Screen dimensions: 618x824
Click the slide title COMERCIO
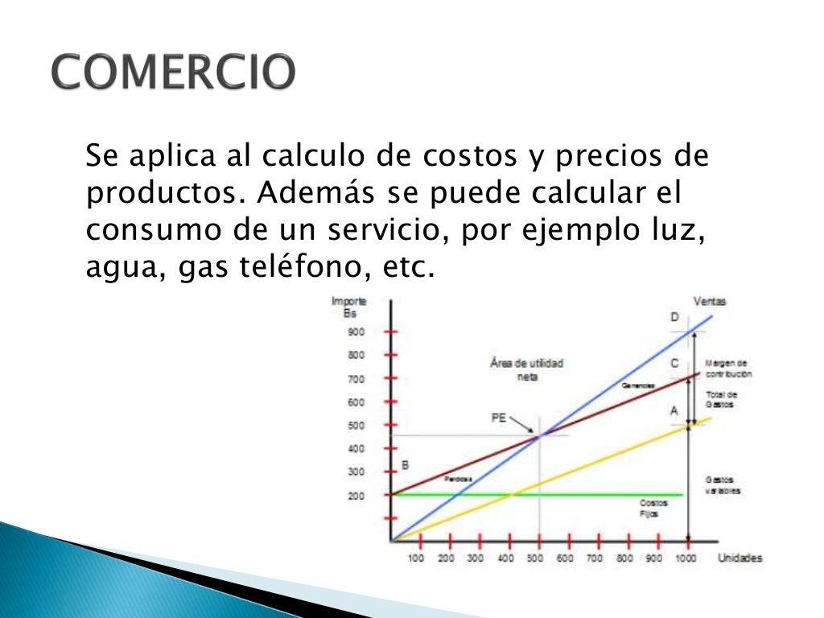pos(174,73)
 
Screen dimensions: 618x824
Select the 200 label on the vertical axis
pos(356,496)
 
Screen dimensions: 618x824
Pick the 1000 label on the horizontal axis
pos(686,558)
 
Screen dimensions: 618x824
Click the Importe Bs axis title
pos(349,307)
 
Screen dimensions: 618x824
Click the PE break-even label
pos(499,417)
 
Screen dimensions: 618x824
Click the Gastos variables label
pos(723,484)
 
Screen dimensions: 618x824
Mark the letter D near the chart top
pos(674,317)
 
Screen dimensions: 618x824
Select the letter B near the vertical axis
pos(405,464)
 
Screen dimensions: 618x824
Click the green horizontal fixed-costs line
pos(563,494)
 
